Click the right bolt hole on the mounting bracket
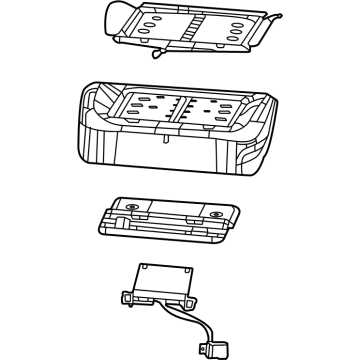217,215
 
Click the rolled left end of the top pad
118,13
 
